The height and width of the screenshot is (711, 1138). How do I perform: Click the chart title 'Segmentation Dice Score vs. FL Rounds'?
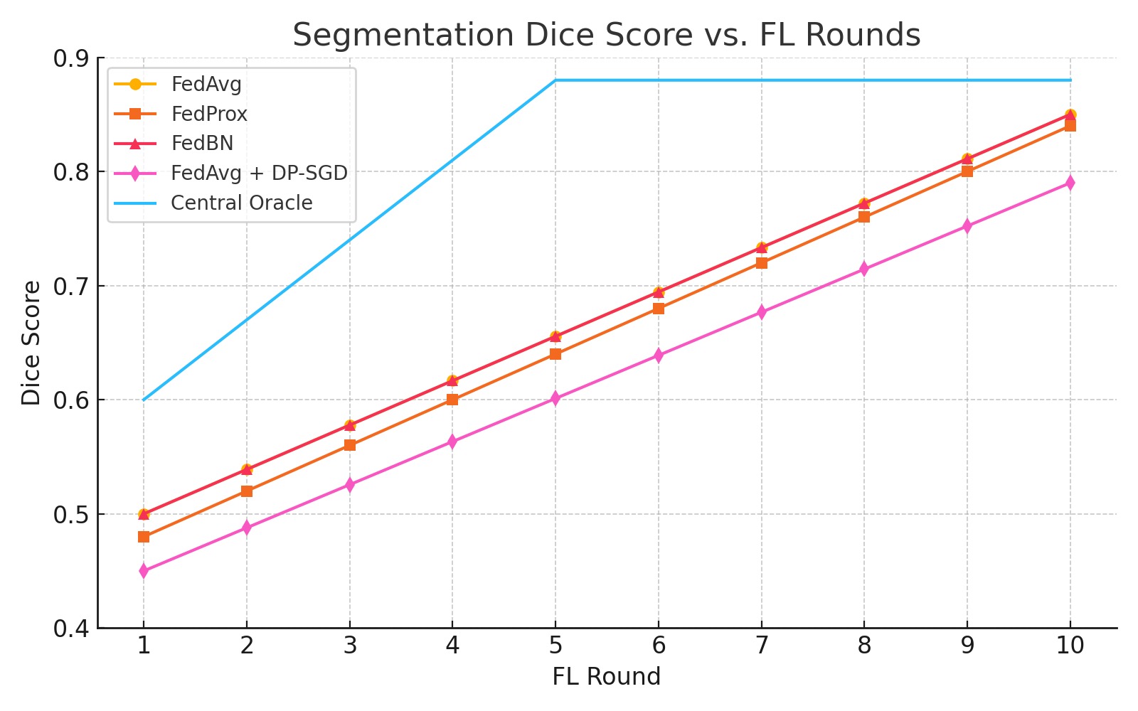pos(607,35)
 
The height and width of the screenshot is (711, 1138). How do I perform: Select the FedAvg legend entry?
pos(178,84)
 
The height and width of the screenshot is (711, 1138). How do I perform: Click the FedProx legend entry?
pos(181,114)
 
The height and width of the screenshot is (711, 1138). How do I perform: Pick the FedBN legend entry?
pos(174,143)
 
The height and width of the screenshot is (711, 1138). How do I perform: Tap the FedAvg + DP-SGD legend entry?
pos(230,173)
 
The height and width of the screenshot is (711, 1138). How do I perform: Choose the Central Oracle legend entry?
pos(213,203)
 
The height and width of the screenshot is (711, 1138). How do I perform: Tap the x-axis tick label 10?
pos(1070,646)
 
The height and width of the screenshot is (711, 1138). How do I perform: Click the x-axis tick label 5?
pos(555,646)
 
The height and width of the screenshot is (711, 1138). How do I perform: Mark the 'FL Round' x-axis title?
pos(607,676)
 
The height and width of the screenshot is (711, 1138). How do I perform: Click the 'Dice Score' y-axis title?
pos(31,343)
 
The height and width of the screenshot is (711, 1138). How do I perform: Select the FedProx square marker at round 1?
pos(144,537)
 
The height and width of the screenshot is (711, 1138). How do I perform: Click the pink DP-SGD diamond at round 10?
pos(1070,183)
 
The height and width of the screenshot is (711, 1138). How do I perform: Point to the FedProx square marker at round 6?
pos(659,309)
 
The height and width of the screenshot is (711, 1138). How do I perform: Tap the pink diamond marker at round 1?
pos(144,572)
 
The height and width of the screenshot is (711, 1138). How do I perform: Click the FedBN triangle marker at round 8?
pos(864,203)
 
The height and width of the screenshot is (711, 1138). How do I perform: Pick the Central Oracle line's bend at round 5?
pos(555,80)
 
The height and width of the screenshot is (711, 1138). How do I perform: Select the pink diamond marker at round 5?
pos(555,398)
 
